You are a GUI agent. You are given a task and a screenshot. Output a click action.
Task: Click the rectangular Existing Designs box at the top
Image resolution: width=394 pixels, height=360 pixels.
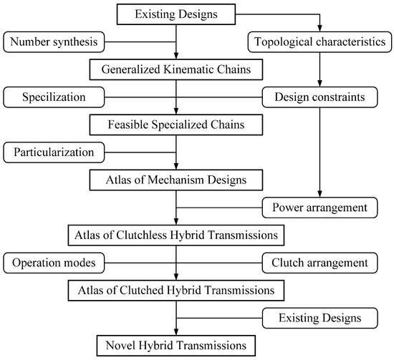tap(176, 14)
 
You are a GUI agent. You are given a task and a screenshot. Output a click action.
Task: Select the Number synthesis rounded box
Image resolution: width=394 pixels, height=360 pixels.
tap(54, 42)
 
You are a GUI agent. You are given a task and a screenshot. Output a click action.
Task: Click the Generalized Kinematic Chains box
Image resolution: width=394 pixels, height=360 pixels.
tap(176, 70)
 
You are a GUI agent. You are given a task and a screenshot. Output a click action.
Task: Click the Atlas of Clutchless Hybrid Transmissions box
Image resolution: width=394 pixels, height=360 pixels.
tap(176, 234)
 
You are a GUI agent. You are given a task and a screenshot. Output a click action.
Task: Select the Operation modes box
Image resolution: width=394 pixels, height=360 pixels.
tap(54, 263)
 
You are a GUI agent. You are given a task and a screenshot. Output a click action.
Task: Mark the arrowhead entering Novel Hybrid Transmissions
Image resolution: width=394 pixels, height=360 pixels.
tap(176, 331)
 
